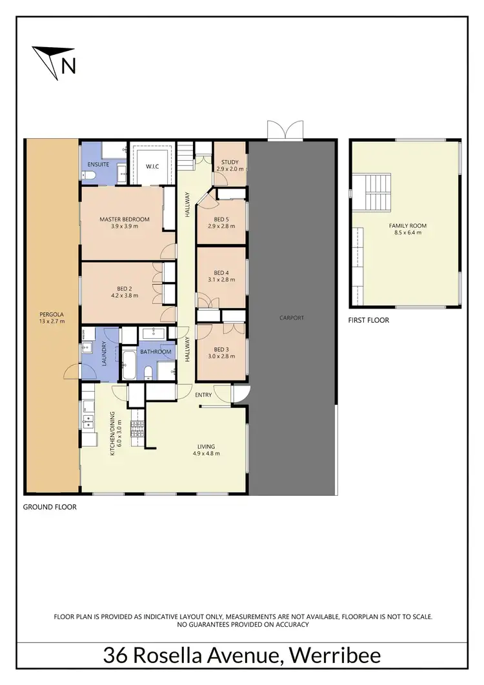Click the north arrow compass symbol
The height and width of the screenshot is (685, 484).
coord(54,59)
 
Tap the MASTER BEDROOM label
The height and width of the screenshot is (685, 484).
coord(125,220)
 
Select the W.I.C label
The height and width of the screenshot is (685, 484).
coord(152,167)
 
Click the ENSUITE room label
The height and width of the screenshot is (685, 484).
coord(99,165)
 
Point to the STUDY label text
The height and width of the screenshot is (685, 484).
coord(230,162)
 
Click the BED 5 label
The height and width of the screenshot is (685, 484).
coord(221,218)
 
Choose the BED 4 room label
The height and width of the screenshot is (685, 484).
coord(221,272)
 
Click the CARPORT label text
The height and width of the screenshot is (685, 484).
coord(292,318)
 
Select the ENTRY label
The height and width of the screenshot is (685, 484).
coord(203,395)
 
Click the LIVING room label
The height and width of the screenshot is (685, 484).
coord(207,446)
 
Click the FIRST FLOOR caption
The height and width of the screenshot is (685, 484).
coord(369,320)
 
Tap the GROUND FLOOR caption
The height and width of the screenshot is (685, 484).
coord(50,507)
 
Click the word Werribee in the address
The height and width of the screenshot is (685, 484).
coord(335,656)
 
